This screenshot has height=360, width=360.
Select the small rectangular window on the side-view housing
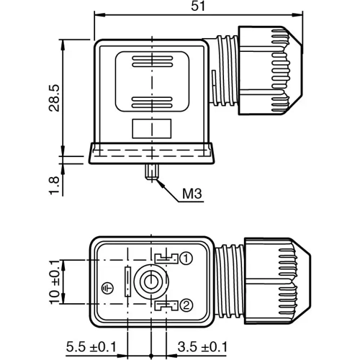tap(151, 128)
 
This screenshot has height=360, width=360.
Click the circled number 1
tap(186, 258)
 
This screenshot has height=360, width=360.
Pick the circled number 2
tap(186, 305)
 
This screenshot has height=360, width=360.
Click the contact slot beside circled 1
tap(166, 257)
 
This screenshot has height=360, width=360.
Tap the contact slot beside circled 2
tap(166, 306)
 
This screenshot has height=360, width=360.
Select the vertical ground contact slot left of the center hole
tap(127, 281)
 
